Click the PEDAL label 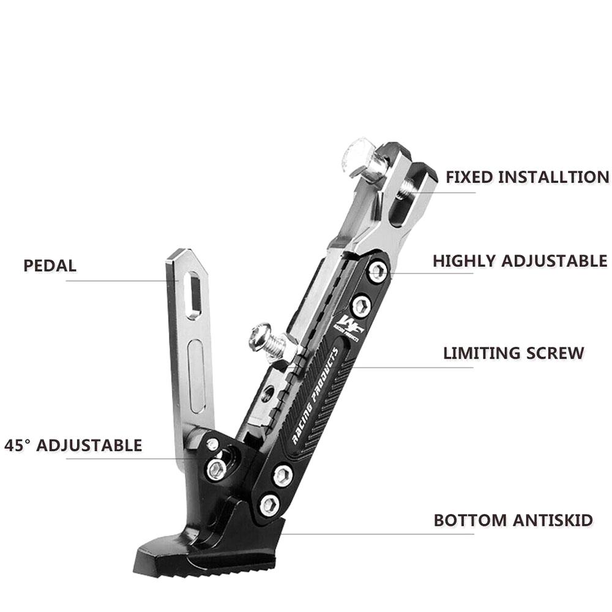(50, 266)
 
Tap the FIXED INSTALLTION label (528, 177)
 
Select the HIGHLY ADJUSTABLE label (520, 261)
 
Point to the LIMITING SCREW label (513, 353)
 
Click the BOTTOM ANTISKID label (513, 520)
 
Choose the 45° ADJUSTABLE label (73, 446)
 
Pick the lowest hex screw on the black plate (270, 505)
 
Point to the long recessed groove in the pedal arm (196, 376)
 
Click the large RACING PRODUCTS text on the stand (315, 396)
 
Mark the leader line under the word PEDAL (122, 281)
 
